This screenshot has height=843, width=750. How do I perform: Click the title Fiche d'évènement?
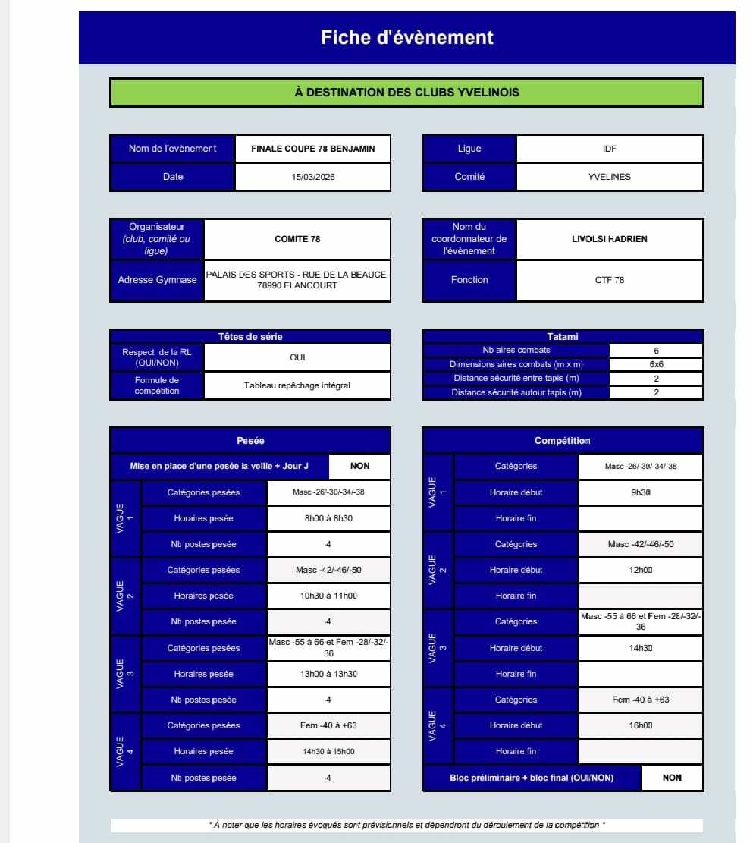tap(406, 37)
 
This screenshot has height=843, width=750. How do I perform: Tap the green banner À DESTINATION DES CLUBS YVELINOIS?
tap(406, 93)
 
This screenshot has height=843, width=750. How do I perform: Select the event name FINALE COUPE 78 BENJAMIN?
tap(312, 149)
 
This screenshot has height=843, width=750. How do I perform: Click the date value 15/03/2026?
tap(312, 177)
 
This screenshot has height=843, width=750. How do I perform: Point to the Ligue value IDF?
tap(609, 149)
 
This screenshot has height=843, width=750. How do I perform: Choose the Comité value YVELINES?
tap(609, 177)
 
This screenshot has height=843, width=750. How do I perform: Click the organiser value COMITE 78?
tap(297, 239)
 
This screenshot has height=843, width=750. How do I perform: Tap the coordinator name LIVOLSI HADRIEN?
tap(609, 239)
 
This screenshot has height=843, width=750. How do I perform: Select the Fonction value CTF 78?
tap(609, 280)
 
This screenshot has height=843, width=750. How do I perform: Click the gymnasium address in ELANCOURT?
tap(297, 280)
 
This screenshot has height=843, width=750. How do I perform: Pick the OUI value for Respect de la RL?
tap(297, 357)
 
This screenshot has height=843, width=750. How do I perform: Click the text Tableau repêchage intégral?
tap(297, 385)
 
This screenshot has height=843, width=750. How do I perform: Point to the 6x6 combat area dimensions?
tap(656, 364)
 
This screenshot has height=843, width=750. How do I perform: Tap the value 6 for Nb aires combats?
tap(656, 351)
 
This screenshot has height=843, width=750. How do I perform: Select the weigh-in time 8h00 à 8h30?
tap(328, 518)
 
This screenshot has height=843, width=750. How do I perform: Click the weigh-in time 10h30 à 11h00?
tap(328, 596)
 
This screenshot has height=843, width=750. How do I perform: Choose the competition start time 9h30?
tap(641, 492)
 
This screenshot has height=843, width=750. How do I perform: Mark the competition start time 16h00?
tap(641, 725)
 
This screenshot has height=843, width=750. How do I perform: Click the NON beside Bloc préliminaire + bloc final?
tap(672, 778)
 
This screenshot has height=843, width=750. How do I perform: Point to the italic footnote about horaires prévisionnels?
tap(406, 825)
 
